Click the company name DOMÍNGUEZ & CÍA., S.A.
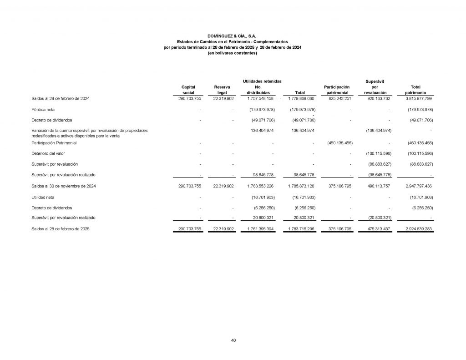coord(232,35)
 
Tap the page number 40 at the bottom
coord(233,340)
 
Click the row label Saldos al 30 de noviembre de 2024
coord(63,186)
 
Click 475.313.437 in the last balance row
coord(376,229)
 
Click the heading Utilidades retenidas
coord(262,81)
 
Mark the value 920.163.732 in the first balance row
coord(376,99)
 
